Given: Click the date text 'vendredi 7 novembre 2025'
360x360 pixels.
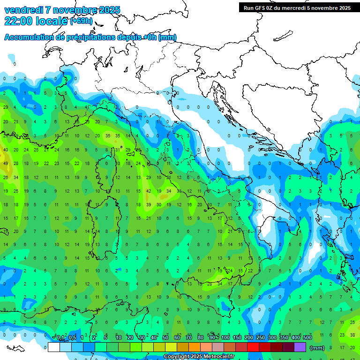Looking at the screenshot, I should tap(62, 10).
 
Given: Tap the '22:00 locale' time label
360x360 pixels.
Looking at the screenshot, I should tap(36, 21).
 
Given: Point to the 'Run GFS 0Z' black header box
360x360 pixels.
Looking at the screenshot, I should tap(297, 7).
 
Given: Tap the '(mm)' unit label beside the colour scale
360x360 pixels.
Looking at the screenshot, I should tap(317, 347).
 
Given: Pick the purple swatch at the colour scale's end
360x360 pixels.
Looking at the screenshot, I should tap(300, 347).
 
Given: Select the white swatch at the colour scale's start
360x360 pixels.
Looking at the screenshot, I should tap(54, 347).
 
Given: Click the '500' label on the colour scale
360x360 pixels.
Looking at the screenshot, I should tap(307, 337).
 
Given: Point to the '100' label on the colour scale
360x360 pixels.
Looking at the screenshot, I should tap(225, 337).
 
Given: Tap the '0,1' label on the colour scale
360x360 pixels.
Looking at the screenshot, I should tap(61, 337).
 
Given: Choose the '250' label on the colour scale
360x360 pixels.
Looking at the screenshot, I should tap(261, 337).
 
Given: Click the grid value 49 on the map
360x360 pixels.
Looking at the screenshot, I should tap(6, 164).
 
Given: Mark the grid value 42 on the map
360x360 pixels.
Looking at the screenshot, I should tap(149, 191).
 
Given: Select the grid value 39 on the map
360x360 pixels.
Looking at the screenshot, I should tap(149, 205).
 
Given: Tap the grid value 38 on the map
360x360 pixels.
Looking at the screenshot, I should tap(352, 335).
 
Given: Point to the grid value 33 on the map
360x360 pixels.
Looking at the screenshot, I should tap(179, 191).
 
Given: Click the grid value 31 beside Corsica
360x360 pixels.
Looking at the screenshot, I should tap(118, 150).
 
